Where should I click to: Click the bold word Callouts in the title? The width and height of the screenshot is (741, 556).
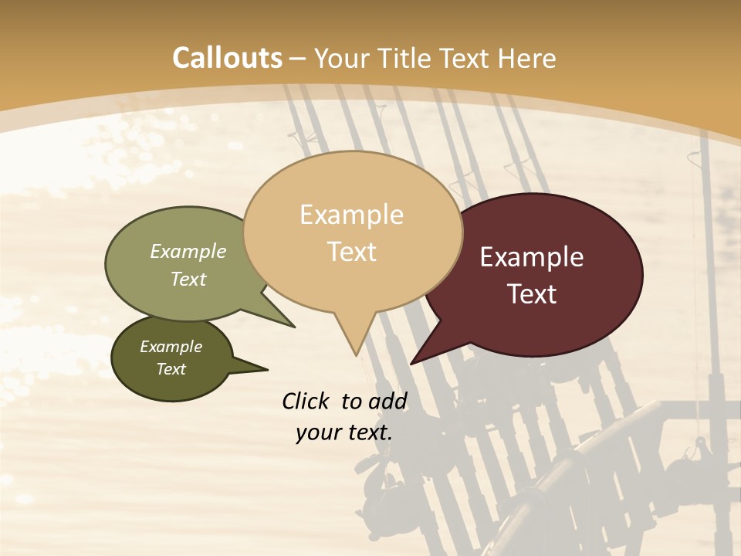click(227, 58)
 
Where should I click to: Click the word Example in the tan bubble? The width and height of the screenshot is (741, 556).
click(351, 215)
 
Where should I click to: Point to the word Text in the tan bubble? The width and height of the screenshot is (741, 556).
click(352, 252)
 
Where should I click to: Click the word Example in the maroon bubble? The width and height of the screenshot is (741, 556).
click(532, 257)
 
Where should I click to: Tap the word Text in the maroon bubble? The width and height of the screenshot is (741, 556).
click(533, 294)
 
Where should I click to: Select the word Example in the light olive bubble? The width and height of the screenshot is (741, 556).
click(188, 252)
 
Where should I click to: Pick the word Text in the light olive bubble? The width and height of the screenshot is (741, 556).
click(188, 279)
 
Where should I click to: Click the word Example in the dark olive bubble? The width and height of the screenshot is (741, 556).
click(171, 347)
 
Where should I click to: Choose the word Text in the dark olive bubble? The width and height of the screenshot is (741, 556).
click(171, 369)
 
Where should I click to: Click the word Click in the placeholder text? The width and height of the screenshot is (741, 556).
click(307, 401)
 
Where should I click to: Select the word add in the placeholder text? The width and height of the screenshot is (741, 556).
click(387, 401)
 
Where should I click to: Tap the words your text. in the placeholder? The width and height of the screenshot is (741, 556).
click(343, 432)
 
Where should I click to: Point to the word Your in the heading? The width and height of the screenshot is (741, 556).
click(343, 59)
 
